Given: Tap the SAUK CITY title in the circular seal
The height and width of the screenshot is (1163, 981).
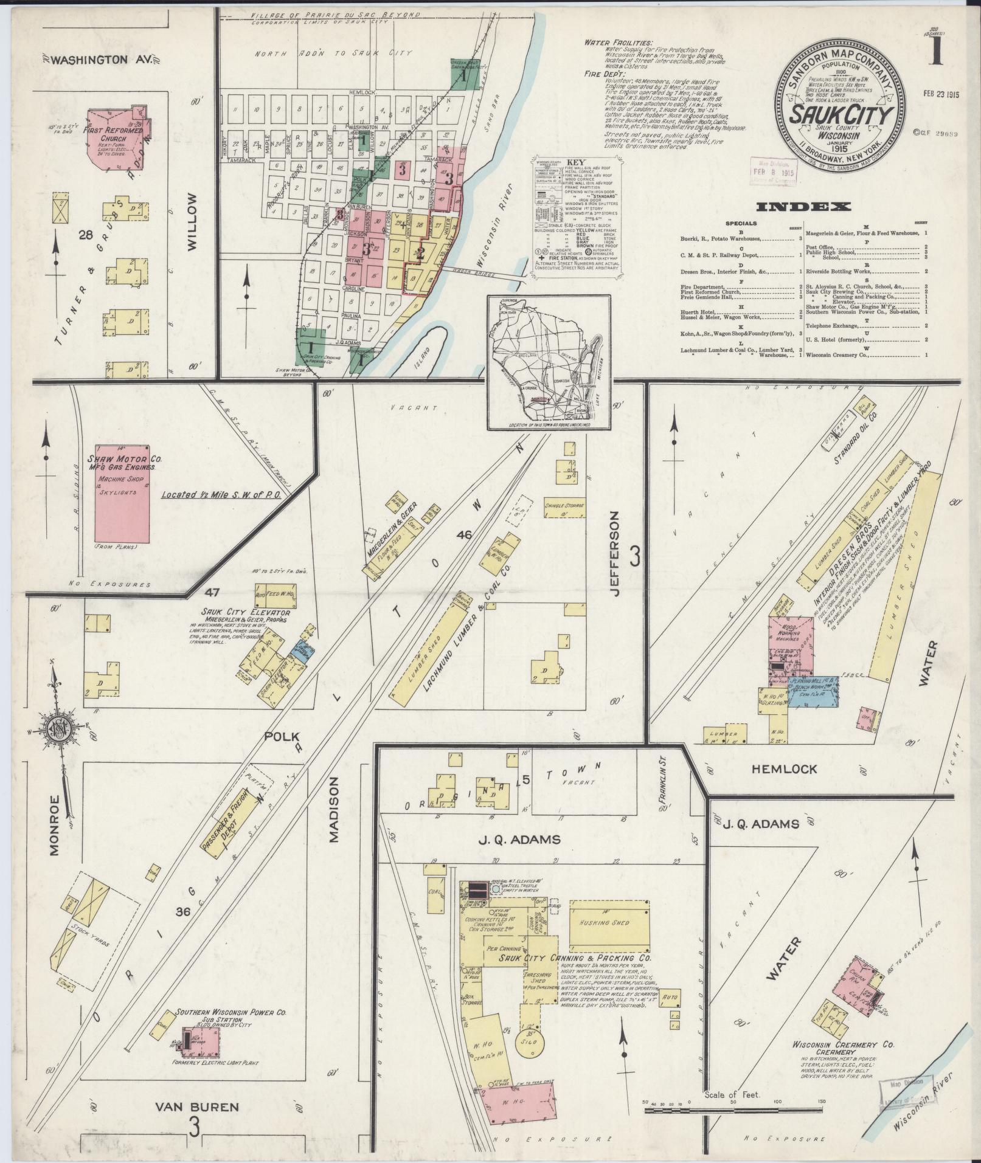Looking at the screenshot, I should point(842,114).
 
